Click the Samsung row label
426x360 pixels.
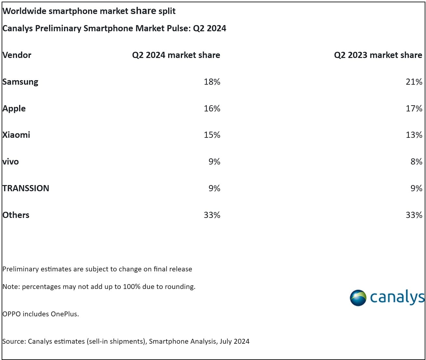pos(20,82)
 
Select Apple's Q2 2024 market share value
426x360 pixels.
pos(212,108)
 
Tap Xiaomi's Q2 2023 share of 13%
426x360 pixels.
pos(414,135)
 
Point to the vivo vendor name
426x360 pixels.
pos(11,162)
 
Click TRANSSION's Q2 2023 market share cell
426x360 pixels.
pos(416,188)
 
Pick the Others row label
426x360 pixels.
pos(16,215)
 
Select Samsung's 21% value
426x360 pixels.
pos(414,82)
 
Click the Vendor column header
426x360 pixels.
pos(17,55)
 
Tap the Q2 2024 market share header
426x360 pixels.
pos(176,55)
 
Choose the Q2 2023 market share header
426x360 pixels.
pos(378,55)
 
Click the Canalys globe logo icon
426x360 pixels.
pos(358,298)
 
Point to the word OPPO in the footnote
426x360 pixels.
pos(12,314)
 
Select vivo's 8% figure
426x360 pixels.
pos(416,162)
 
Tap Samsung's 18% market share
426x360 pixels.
pos(212,82)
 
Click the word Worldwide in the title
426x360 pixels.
pos(24,11)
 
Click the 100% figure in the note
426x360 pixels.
pos(131,287)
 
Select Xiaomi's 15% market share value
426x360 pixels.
pos(212,135)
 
